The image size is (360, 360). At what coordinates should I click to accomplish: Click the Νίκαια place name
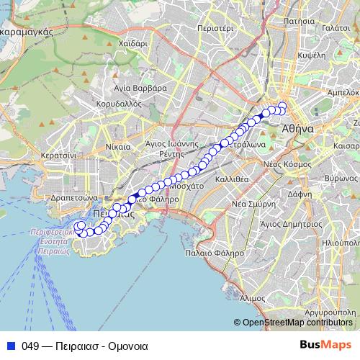[119, 146]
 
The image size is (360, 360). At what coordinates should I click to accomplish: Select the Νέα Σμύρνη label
[252, 204]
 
